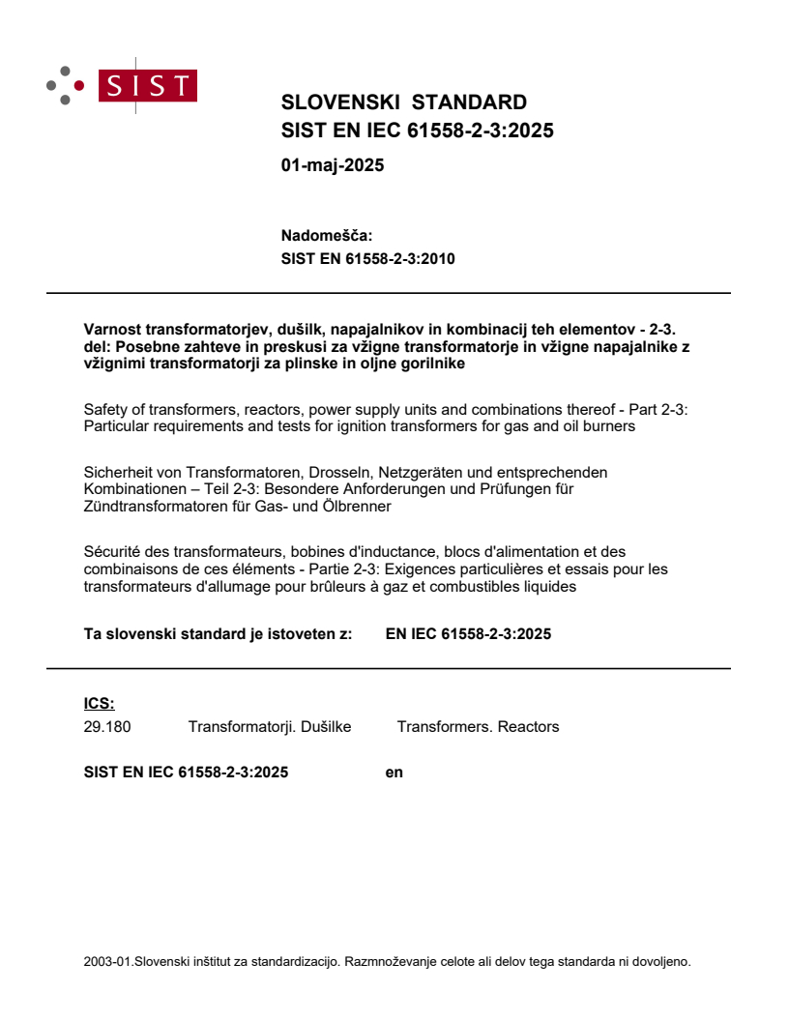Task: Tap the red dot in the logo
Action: coord(79,85)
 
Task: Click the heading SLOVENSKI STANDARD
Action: coord(403,102)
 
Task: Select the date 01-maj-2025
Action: coord(333,165)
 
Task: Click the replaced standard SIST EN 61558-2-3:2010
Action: coord(367,258)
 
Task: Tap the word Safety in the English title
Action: coord(105,410)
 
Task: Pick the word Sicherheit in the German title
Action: coord(121,472)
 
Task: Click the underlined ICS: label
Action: coord(99,704)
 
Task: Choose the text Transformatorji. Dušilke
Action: coord(270,726)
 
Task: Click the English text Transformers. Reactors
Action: coord(478,726)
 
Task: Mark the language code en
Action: coord(394,772)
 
